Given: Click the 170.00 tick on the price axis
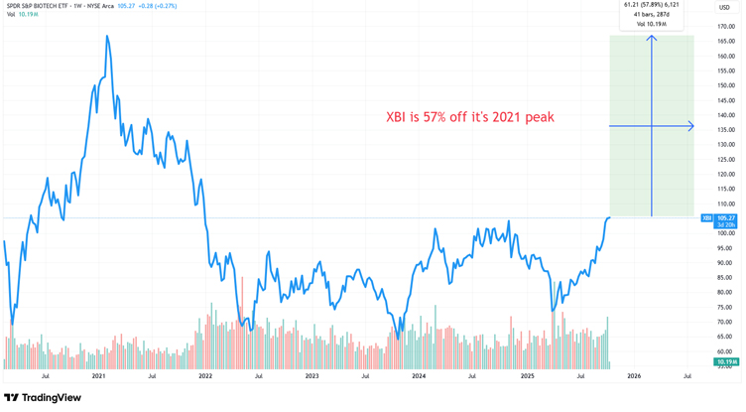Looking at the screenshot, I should click(x=724, y=26).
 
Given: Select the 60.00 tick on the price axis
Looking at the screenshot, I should click(x=724, y=351).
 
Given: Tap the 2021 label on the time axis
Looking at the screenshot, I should click(x=98, y=376).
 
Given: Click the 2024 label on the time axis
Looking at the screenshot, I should click(x=419, y=376).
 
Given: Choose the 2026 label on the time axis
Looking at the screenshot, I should click(x=633, y=376).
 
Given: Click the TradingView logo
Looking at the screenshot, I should click(x=43, y=398).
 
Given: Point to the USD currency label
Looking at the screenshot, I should click(x=724, y=8).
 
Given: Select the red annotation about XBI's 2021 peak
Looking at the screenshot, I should click(x=470, y=117).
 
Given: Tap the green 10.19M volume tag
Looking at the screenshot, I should click(x=726, y=362).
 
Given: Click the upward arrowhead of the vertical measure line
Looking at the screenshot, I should click(x=652, y=38).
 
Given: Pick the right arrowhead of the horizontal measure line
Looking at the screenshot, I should click(x=690, y=126).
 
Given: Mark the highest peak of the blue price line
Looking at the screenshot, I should click(x=106, y=36).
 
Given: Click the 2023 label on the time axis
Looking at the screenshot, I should click(x=311, y=376).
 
